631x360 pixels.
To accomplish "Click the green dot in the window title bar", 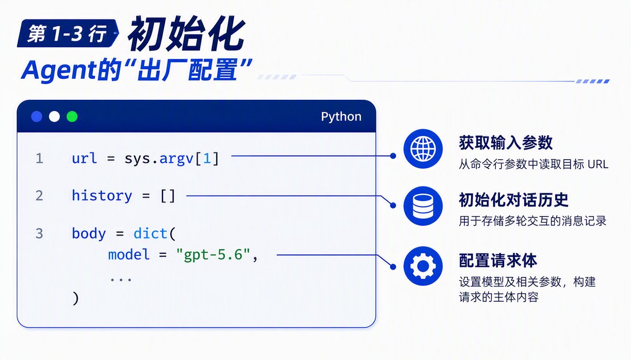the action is [72, 117].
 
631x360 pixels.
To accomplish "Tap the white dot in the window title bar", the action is [54, 117].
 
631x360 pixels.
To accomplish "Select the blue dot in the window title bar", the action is [37, 117].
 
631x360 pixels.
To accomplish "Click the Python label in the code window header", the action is [341, 117].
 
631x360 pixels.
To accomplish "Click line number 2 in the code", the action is [39, 196].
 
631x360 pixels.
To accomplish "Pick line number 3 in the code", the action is [39, 234].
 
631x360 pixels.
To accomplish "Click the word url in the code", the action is [85, 158].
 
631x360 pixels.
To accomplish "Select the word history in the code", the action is [102, 196].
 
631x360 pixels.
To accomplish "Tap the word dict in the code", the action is [150, 233].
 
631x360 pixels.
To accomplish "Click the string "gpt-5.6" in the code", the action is [213, 255].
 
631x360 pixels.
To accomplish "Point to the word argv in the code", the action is [176, 159].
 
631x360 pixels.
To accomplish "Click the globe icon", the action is [423, 149].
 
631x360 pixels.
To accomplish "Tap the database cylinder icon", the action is [423, 206].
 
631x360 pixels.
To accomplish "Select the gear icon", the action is [423, 266].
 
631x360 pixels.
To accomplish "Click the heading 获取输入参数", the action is [506, 143].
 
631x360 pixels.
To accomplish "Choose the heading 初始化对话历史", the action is [514, 200].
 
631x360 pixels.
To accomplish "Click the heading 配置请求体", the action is [498, 260].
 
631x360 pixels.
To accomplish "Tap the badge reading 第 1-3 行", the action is [68, 33].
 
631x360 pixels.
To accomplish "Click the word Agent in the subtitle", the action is [59, 70].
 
